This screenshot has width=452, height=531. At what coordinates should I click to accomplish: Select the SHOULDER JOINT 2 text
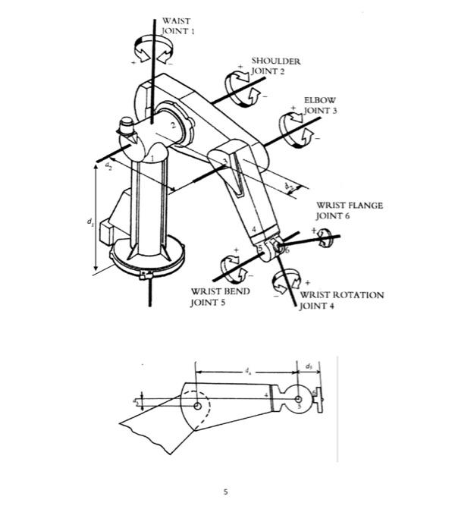click(x=277, y=65)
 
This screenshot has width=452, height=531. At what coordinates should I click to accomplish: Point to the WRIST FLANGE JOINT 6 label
click(x=349, y=210)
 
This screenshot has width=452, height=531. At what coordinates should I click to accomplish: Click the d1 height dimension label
click(x=89, y=222)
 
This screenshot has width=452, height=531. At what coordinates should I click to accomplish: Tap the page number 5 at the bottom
click(x=225, y=492)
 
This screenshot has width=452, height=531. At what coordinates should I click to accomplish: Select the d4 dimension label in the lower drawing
click(x=246, y=372)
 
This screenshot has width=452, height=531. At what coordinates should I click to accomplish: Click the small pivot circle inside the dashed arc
click(x=197, y=406)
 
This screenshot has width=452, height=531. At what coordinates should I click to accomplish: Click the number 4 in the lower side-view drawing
click(x=266, y=395)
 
